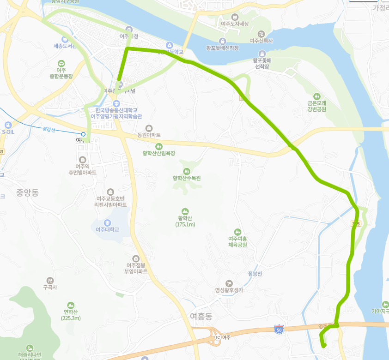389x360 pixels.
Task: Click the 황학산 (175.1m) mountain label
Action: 186,221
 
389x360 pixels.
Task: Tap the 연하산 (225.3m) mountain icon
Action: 70,305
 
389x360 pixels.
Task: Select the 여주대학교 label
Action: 107,229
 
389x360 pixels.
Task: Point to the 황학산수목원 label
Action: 187,178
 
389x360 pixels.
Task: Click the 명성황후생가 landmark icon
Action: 229,283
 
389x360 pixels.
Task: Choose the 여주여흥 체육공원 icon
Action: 237,232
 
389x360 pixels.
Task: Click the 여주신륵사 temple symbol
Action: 261,34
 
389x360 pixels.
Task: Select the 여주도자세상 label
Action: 235,24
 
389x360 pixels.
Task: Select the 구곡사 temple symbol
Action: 50,280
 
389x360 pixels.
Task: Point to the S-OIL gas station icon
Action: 8,125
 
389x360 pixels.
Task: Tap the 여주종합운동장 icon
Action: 61,64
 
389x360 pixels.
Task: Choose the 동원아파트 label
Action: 149,135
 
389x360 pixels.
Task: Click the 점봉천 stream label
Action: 255,274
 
